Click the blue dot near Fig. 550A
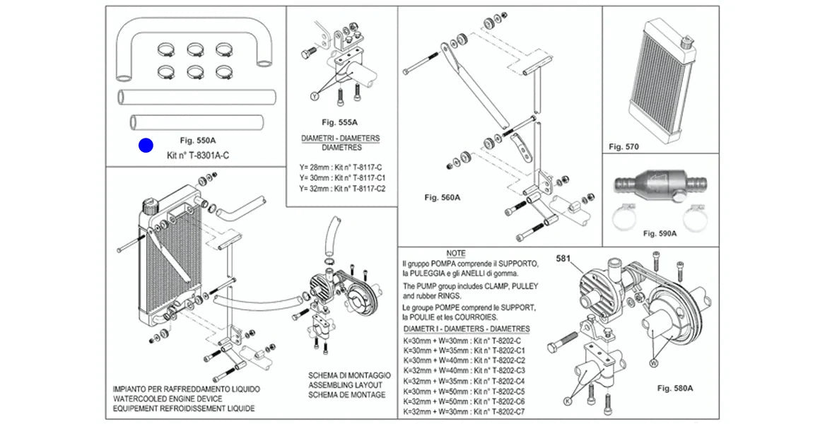pos(146,146)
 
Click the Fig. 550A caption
pos(197,140)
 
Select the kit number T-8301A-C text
pos(198,155)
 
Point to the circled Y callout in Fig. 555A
pos(315,95)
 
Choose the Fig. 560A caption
pos(443,198)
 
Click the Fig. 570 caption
pos(623,147)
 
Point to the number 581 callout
pos(563,258)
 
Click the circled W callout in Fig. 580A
pos(653,362)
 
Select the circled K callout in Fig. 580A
pos(566,400)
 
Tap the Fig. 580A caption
pos(674,388)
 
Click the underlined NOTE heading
pos(456,253)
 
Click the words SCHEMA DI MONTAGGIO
pos(349,375)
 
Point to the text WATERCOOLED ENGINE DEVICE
pos(168,399)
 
